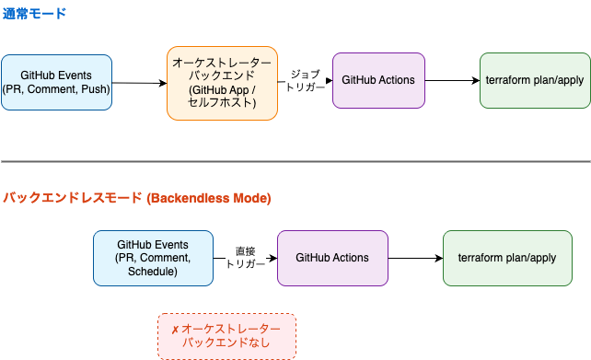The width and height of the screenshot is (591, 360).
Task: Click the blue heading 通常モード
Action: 34,15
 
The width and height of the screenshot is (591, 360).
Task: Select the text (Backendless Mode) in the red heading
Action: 208,198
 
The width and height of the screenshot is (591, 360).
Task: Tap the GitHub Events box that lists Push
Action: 56,82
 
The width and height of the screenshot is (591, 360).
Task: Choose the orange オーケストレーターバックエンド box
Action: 222,82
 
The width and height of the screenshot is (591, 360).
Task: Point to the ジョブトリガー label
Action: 305,80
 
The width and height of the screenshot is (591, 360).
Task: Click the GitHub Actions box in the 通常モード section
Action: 378,80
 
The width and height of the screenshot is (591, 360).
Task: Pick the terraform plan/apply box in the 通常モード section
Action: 535,80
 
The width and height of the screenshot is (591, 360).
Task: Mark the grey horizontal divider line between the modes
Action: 295,162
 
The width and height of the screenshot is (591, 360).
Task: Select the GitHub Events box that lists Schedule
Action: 153,259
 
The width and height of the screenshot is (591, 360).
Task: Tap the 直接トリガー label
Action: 245,258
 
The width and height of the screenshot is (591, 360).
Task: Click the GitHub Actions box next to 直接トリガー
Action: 332,259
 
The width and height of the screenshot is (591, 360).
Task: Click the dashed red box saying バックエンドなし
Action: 226,336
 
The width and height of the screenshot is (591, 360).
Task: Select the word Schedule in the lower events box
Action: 153,273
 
